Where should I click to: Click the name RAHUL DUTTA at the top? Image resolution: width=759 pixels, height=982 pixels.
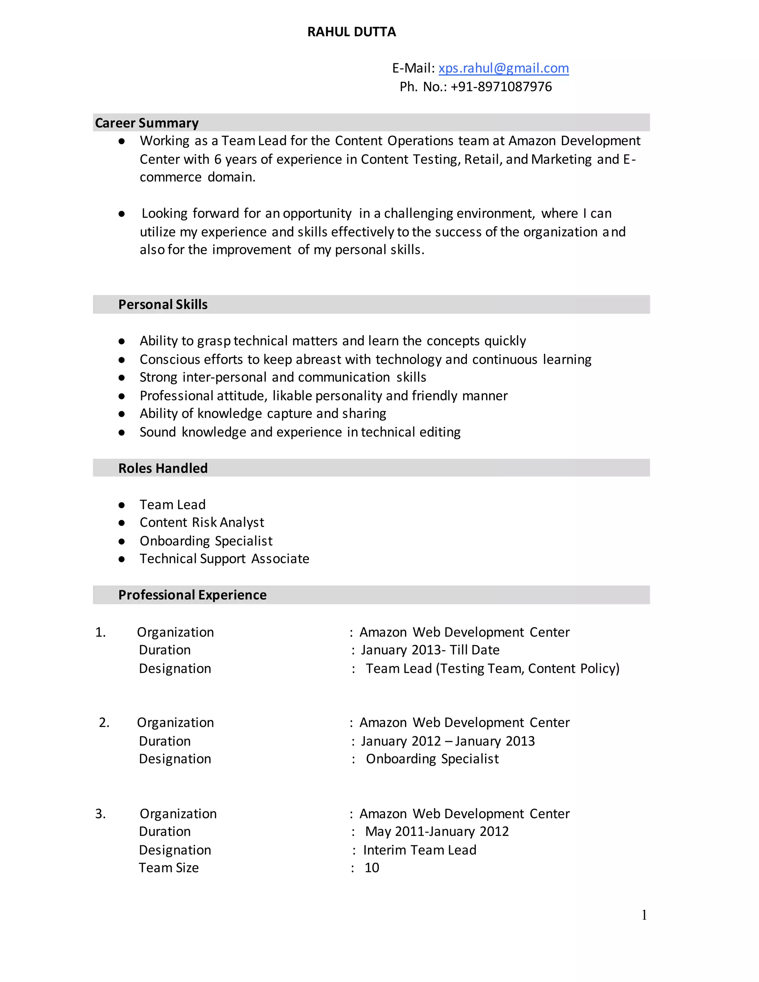351,32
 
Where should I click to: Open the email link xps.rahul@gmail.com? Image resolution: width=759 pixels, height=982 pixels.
503,68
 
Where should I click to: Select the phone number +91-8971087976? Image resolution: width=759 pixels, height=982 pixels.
501,87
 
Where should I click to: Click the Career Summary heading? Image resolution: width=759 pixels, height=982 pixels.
147,123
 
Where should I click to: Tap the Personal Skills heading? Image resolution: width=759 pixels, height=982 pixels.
163,304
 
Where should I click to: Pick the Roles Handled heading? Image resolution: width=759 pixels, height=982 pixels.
163,468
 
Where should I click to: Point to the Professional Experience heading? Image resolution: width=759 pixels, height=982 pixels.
192,595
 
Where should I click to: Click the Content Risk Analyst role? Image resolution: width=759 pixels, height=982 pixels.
202,522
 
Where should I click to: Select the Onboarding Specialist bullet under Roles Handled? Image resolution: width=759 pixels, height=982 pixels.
206,541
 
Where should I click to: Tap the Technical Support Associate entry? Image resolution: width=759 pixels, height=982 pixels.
224,559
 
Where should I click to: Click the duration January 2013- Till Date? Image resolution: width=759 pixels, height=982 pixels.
430,650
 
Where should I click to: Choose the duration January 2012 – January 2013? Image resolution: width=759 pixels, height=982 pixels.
447,741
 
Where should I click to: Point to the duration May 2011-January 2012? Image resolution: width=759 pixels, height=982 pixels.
437,832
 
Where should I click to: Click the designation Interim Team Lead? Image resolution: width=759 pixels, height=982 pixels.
420,850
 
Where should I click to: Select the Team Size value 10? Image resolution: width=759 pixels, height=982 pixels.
372,868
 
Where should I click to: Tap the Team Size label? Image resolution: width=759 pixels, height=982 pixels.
169,868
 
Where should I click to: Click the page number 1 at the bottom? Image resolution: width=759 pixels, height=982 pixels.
644,915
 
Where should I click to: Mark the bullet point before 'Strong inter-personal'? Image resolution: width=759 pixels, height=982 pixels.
122,378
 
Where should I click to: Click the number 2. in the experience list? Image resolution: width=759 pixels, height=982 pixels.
104,723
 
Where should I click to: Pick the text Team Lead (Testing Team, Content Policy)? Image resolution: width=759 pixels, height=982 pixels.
493,669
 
